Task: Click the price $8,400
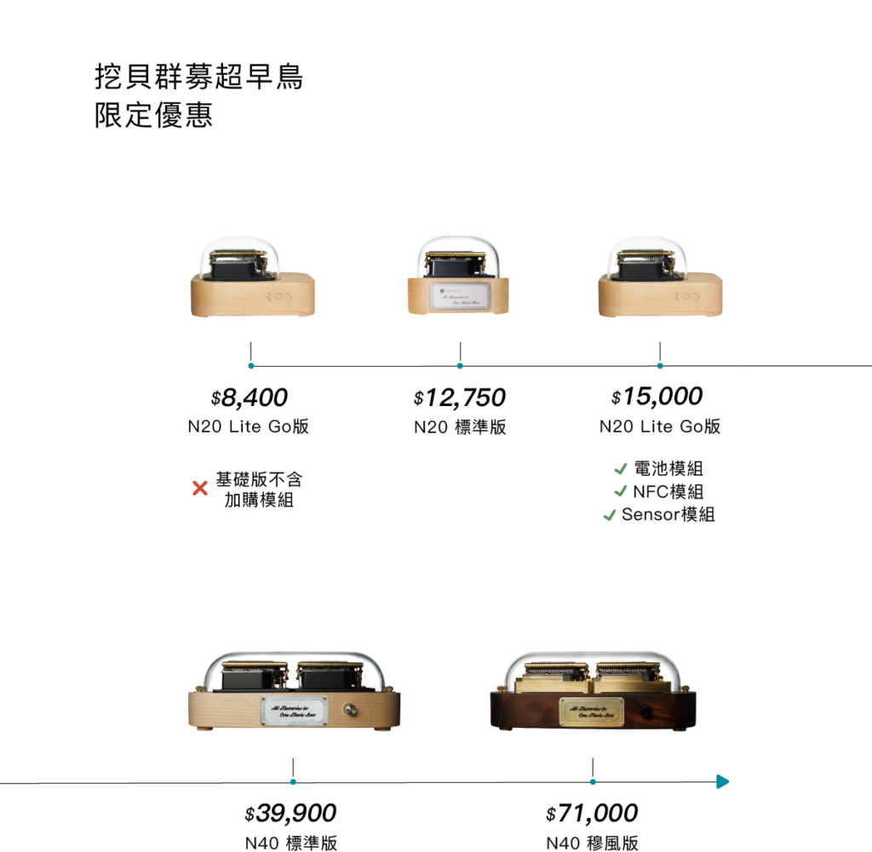tap(250, 397)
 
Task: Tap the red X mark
tap(200, 489)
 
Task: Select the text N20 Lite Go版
tap(248, 426)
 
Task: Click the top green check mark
tap(621, 468)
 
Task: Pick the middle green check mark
tap(620, 490)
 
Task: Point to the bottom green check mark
tap(609, 515)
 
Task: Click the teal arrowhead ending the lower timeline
tap(723, 781)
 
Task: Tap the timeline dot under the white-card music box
tap(251, 366)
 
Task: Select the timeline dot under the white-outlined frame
tap(660, 366)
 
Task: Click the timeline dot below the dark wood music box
tap(593, 781)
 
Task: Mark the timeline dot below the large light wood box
tap(293, 781)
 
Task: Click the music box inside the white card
tap(251, 281)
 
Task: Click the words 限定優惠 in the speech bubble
tap(153, 116)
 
